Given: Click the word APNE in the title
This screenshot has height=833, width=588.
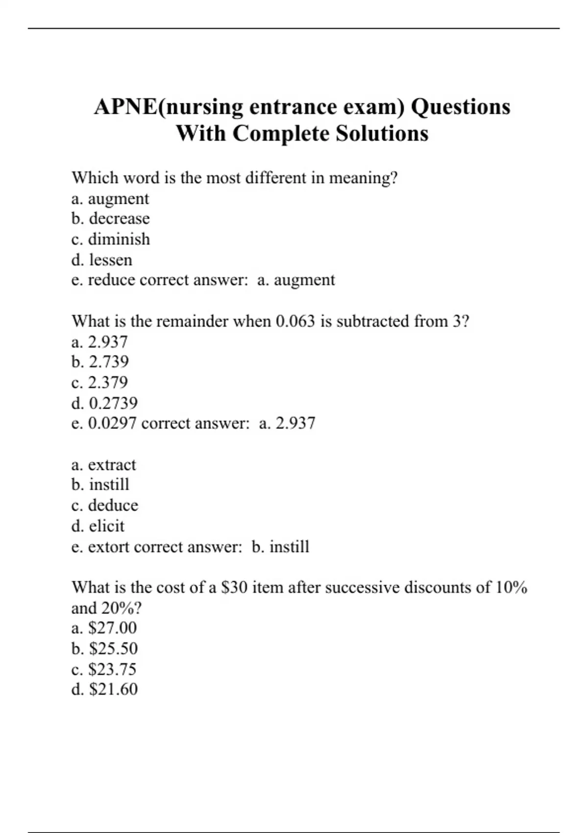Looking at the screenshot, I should (x=126, y=107).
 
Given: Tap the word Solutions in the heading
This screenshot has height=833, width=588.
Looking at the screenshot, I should (x=382, y=133).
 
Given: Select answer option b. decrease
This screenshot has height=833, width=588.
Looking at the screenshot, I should (x=110, y=219).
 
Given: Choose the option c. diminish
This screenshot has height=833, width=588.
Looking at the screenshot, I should (x=110, y=239).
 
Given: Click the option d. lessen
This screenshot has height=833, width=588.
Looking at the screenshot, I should (x=101, y=260).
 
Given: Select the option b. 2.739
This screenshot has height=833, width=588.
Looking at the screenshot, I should (x=100, y=362).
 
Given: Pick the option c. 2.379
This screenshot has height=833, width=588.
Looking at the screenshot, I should (x=99, y=382).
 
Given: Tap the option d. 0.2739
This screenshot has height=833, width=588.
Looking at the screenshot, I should (x=104, y=403).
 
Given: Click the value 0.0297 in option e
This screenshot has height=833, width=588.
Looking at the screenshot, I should (x=112, y=423).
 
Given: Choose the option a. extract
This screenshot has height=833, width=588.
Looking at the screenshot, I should (x=103, y=465).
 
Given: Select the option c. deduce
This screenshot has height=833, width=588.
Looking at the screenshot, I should (x=104, y=505).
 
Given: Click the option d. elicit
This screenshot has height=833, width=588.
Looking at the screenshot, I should (x=98, y=526).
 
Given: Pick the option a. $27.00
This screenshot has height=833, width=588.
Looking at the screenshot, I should (x=104, y=628).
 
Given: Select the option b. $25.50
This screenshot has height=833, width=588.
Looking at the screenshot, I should (x=104, y=648).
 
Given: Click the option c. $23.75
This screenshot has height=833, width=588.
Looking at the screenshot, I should (x=104, y=669).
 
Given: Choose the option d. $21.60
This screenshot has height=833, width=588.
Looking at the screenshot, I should (x=104, y=689).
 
